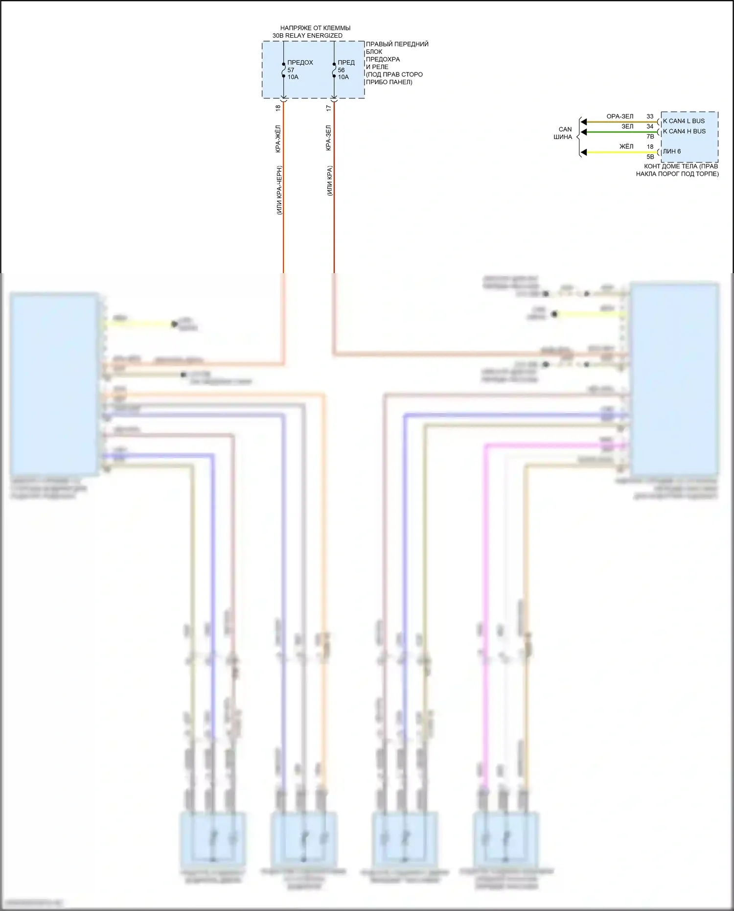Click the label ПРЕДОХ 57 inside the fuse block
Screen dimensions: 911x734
pyautogui.click(x=299, y=66)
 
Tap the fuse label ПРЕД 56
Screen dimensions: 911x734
pyautogui.click(x=345, y=66)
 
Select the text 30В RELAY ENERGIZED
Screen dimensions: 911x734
pyautogui.click(x=307, y=36)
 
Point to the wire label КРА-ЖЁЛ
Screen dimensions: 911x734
pyautogui.click(x=278, y=139)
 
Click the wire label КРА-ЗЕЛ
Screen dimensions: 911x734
pyautogui.click(x=328, y=138)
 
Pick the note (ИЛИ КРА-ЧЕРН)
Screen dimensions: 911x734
pyautogui.click(x=279, y=190)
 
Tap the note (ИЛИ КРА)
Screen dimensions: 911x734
pyautogui.click(x=330, y=181)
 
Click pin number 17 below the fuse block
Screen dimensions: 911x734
pyautogui.click(x=329, y=108)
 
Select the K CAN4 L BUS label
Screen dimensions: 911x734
pyautogui.click(x=684, y=121)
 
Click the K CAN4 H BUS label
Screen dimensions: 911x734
pyautogui.click(x=684, y=131)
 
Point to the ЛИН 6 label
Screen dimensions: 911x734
pyautogui.click(x=671, y=151)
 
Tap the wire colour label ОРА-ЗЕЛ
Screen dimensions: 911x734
pyautogui.click(x=619, y=117)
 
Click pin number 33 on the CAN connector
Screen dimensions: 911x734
pyautogui.click(x=650, y=117)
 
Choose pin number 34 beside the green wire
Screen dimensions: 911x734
pyautogui.click(x=650, y=126)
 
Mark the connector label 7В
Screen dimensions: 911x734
pyautogui.click(x=650, y=137)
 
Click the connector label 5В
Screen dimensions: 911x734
pyautogui.click(x=650, y=157)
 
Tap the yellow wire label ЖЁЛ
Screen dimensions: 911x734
pyautogui.click(x=626, y=146)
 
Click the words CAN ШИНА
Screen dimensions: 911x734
pyautogui.click(x=563, y=133)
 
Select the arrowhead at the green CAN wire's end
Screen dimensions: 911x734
pyautogui.click(x=583, y=132)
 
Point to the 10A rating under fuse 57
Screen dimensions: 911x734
pyautogui.click(x=293, y=77)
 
